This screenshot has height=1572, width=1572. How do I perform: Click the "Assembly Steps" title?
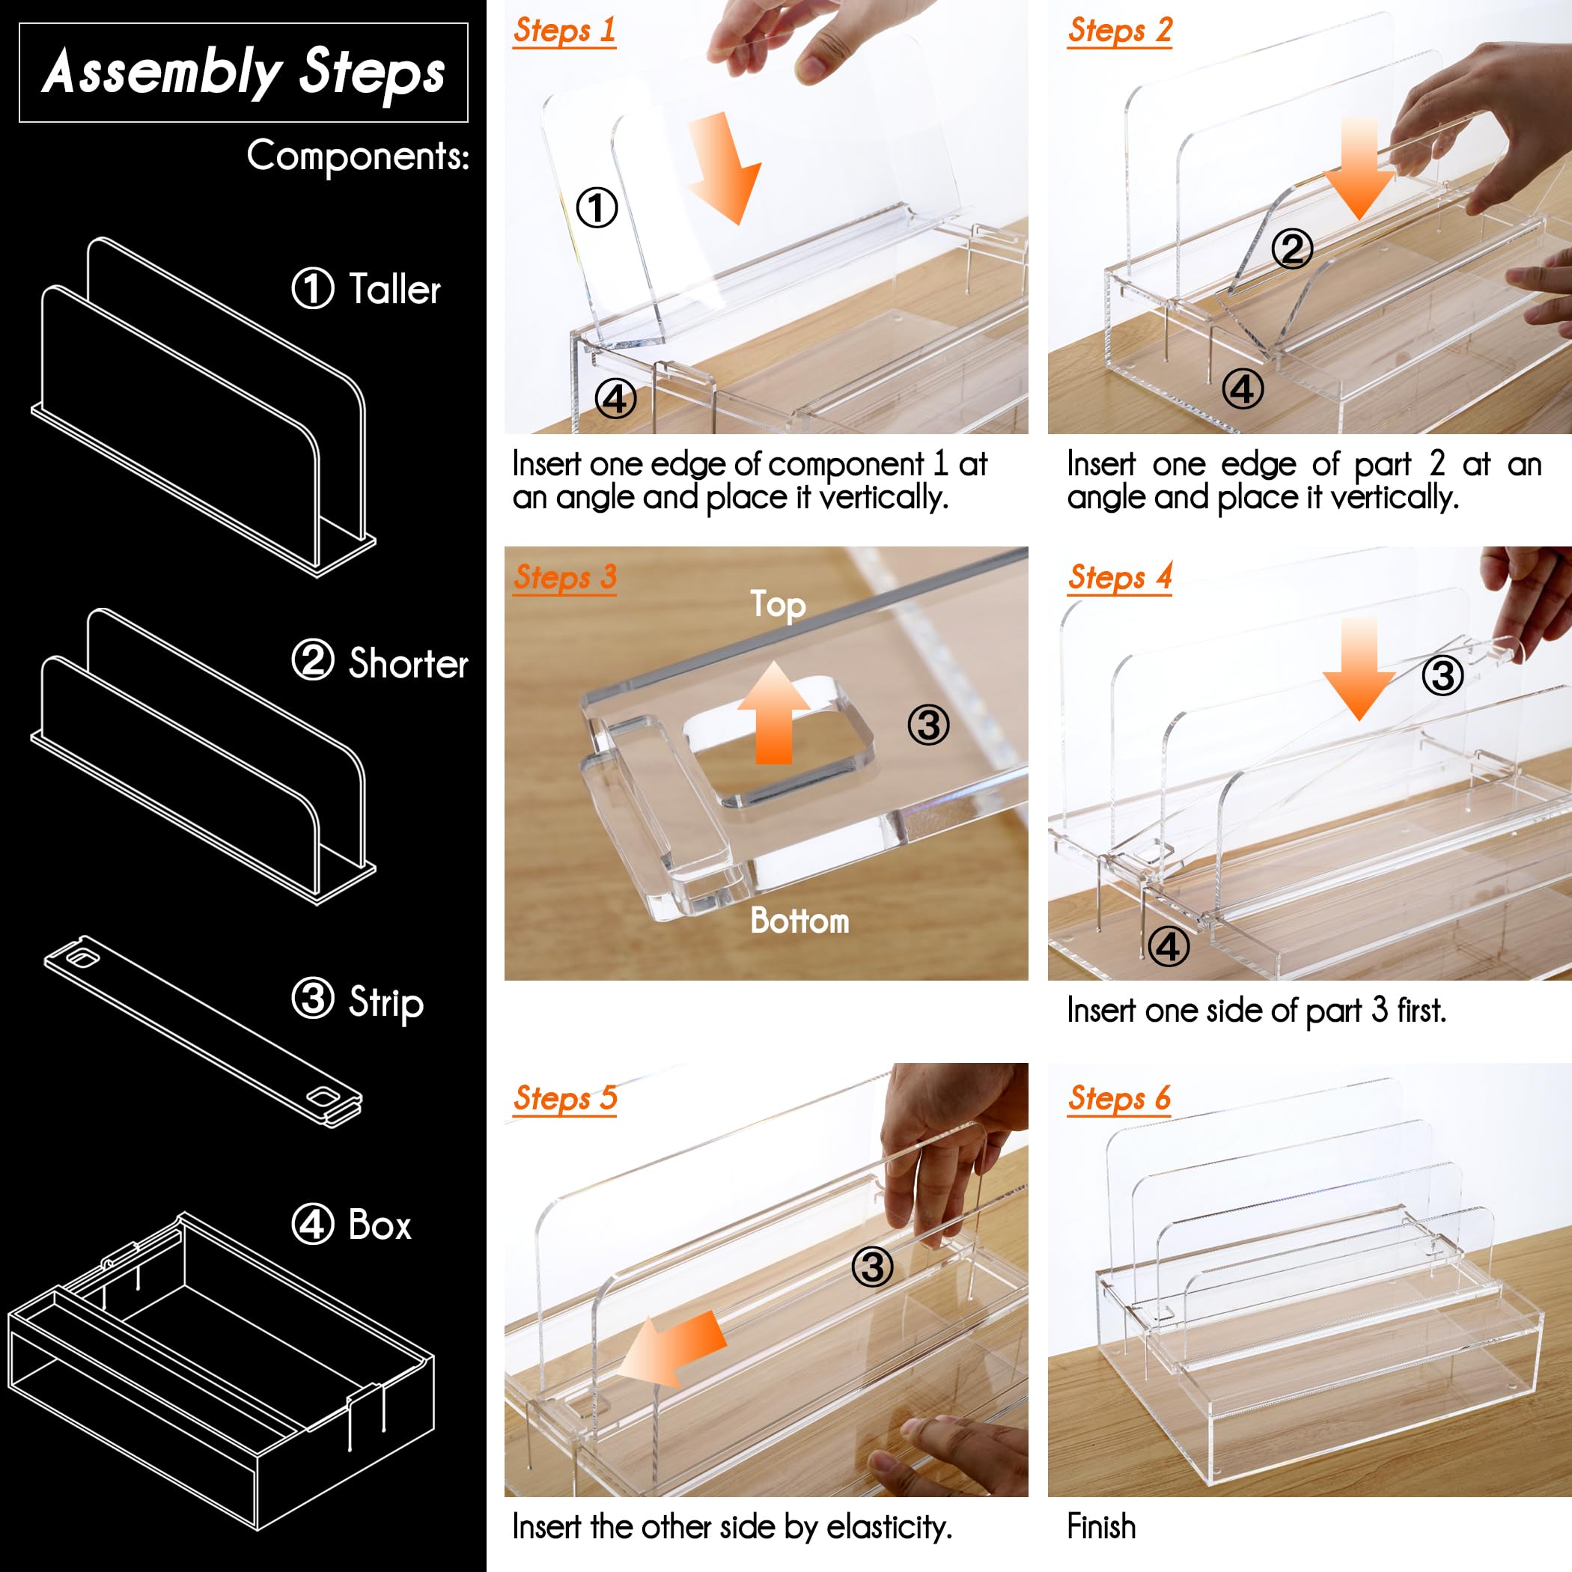[243, 73]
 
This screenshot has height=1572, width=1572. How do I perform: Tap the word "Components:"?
[358, 156]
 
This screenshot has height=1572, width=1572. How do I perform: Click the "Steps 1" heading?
[564, 30]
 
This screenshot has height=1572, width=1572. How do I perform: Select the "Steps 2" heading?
[1120, 30]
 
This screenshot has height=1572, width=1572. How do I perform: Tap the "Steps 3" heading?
[564, 577]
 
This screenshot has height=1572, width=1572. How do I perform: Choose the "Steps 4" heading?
[1120, 577]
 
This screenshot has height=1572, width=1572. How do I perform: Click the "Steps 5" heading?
[564, 1097]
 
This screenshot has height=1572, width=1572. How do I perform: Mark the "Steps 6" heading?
[1120, 1097]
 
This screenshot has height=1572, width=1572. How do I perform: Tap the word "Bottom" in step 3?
[799, 920]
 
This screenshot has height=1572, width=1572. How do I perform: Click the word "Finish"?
[1101, 1526]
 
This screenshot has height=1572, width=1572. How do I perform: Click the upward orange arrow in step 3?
[774, 713]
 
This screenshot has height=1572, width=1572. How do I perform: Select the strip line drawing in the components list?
[203, 1032]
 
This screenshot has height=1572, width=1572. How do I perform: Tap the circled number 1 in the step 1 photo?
[597, 207]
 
